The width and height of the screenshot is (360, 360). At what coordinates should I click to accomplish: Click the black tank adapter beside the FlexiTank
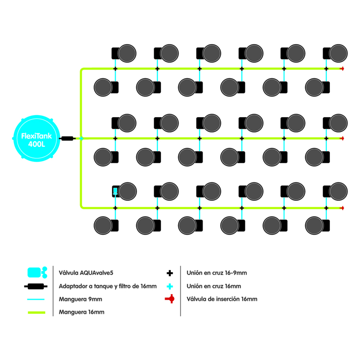point(68,138)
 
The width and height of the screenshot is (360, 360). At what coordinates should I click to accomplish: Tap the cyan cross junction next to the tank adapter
point(81,138)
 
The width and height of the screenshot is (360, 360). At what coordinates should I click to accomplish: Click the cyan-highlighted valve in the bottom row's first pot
point(115,192)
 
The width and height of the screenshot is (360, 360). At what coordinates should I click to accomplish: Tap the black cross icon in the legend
point(169,273)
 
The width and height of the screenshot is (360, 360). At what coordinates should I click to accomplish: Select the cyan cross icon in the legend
point(169,286)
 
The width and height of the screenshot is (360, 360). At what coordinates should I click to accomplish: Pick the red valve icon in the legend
point(169,299)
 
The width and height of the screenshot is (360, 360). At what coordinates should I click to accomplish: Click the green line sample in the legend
point(36,312)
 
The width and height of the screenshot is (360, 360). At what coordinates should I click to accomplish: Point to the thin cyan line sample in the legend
point(36,299)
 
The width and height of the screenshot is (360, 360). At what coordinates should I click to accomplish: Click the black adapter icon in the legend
point(36,286)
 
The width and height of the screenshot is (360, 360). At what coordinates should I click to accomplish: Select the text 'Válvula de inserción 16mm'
point(222,299)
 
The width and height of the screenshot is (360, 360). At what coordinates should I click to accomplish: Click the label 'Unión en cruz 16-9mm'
point(217,273)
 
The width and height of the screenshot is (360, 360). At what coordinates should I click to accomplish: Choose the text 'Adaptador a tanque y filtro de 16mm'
point(108,286)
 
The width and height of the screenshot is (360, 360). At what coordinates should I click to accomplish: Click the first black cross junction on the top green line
point(115,69)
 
